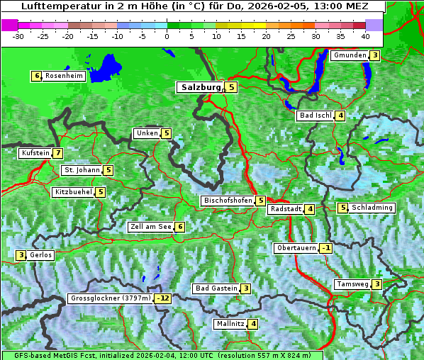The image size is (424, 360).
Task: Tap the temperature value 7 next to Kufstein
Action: [57, 153]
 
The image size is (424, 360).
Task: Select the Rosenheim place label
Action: [64, 76]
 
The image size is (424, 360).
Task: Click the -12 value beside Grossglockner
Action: [164, 298]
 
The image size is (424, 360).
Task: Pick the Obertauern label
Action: [296, 248]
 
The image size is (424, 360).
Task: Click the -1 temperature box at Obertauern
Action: [325, 248]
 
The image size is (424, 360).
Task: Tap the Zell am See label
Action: [151, 227]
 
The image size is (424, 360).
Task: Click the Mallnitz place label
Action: [230, 324]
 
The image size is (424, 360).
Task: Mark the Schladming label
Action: [372, 208]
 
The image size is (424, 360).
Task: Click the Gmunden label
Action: [350, 55]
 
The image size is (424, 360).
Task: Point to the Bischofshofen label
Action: [228, 201]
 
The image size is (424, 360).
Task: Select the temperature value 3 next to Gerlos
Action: [21, 255]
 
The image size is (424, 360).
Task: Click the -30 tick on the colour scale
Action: [18, 35]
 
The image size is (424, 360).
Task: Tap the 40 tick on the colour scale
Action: [364, 35]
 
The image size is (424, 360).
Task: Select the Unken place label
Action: [147, 133]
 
